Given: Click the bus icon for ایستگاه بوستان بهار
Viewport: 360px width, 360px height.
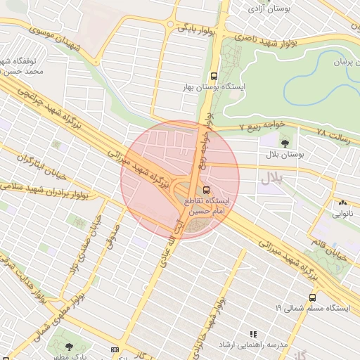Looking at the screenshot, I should click(x=214, y=76).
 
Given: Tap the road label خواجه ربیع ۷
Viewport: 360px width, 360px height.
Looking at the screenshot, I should click(x=262, y=127).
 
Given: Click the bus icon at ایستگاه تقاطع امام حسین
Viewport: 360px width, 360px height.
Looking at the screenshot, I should click(x=206, y=190).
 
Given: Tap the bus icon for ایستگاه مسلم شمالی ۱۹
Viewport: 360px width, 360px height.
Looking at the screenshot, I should click(x=312, y=297).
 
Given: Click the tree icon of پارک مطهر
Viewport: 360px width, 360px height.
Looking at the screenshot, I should click(x=68, y=347).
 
